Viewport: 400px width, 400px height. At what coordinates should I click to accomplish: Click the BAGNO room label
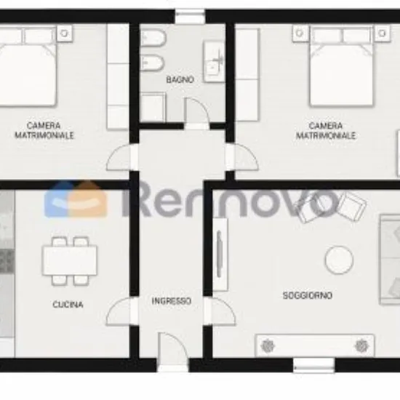180,79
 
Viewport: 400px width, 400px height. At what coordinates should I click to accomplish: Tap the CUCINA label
68,304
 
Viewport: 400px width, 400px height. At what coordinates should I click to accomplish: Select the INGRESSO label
172,301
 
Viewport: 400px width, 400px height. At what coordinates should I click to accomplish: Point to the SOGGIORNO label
308,295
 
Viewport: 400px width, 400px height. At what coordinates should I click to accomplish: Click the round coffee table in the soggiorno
339,260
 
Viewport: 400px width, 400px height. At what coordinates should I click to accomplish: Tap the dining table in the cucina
70,260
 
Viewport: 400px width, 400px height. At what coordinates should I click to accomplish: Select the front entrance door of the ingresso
172,348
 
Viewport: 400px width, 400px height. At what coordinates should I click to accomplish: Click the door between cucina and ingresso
119,311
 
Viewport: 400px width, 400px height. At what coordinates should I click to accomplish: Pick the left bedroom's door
119,157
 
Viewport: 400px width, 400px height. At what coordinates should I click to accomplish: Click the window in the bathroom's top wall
190,17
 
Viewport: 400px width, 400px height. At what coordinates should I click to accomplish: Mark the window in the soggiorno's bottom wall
313,365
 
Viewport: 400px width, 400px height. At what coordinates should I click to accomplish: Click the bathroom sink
214,62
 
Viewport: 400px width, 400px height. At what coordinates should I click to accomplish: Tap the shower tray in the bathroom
153,107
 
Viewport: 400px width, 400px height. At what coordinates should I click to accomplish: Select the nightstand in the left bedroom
64,33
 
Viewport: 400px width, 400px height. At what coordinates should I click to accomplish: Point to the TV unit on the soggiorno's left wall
220,254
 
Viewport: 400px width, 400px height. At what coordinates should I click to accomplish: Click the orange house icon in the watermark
91,199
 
